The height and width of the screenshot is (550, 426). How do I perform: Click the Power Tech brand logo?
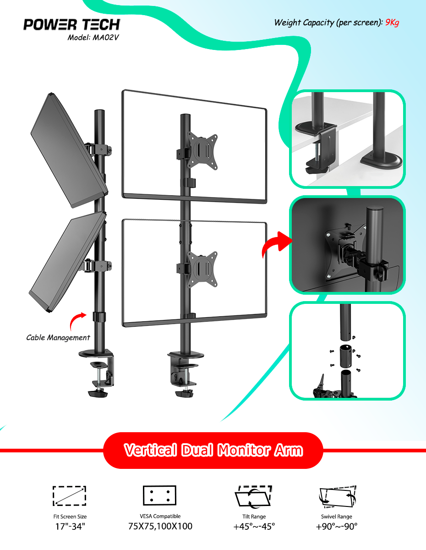(x=71, y=25)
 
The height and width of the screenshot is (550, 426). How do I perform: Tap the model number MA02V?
(x=105, y=38)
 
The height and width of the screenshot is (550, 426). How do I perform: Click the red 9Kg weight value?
(x=392, y=22)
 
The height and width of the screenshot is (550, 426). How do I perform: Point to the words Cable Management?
(x=58, y=337)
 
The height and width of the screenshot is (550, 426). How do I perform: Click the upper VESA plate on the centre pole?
(x=202, y=150)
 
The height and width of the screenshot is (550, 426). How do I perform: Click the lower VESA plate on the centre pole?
(x=202, y=269)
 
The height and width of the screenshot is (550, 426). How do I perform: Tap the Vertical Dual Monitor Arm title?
(x=213, y=450)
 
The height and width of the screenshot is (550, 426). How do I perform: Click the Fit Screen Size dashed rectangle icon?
(x=70, y=496)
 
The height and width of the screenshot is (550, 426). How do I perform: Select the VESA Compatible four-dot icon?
(x=159, y=495)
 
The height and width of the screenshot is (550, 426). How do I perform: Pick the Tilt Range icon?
(x=253, y=496)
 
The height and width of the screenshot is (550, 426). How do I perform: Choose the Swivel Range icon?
(x=338, y=496)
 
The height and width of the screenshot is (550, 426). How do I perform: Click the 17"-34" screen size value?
(x=70, y=527)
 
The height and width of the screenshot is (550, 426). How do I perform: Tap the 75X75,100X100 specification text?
(x=160, y=526)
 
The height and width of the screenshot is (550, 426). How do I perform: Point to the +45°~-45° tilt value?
(x=254, y=527)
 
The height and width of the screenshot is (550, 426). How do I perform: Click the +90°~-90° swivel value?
(x=337, y=527)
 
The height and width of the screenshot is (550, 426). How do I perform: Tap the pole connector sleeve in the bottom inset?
(x=345, y=356)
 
